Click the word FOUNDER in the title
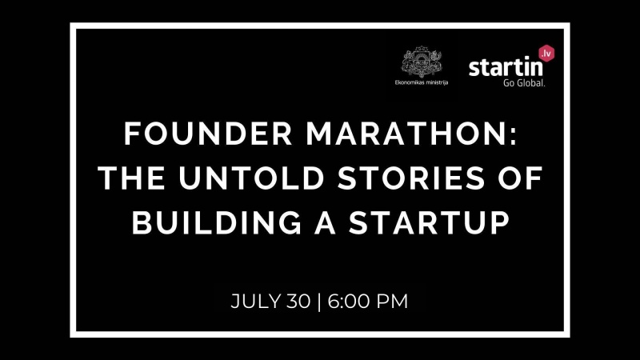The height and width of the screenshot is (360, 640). [208, 134]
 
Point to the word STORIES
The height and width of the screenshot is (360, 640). [411, 178]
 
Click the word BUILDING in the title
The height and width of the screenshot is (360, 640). [217, 222]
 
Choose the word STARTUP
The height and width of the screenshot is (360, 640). [430, 222]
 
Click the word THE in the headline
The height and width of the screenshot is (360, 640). [131, 178]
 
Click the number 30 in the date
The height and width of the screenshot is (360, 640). [298, 302]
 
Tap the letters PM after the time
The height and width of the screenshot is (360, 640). [392, 302]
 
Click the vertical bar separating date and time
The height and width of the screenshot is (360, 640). [318, 302]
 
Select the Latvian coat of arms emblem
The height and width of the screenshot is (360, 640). [422, 62]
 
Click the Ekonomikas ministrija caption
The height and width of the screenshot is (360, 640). [422, 82]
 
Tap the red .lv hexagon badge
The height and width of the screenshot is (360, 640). [546, 54]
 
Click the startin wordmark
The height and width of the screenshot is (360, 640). [506, 67]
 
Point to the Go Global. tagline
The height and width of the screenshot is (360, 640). [524, 83]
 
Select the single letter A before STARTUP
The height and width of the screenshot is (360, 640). [326, 222]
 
